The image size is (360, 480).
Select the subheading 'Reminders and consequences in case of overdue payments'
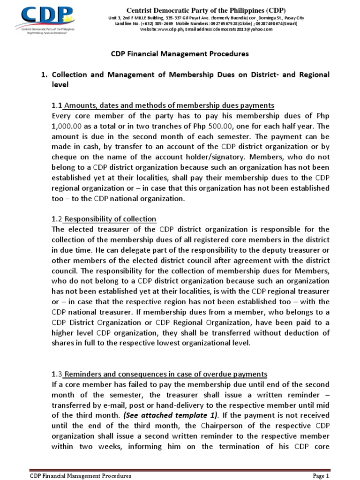coord(165,374)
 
